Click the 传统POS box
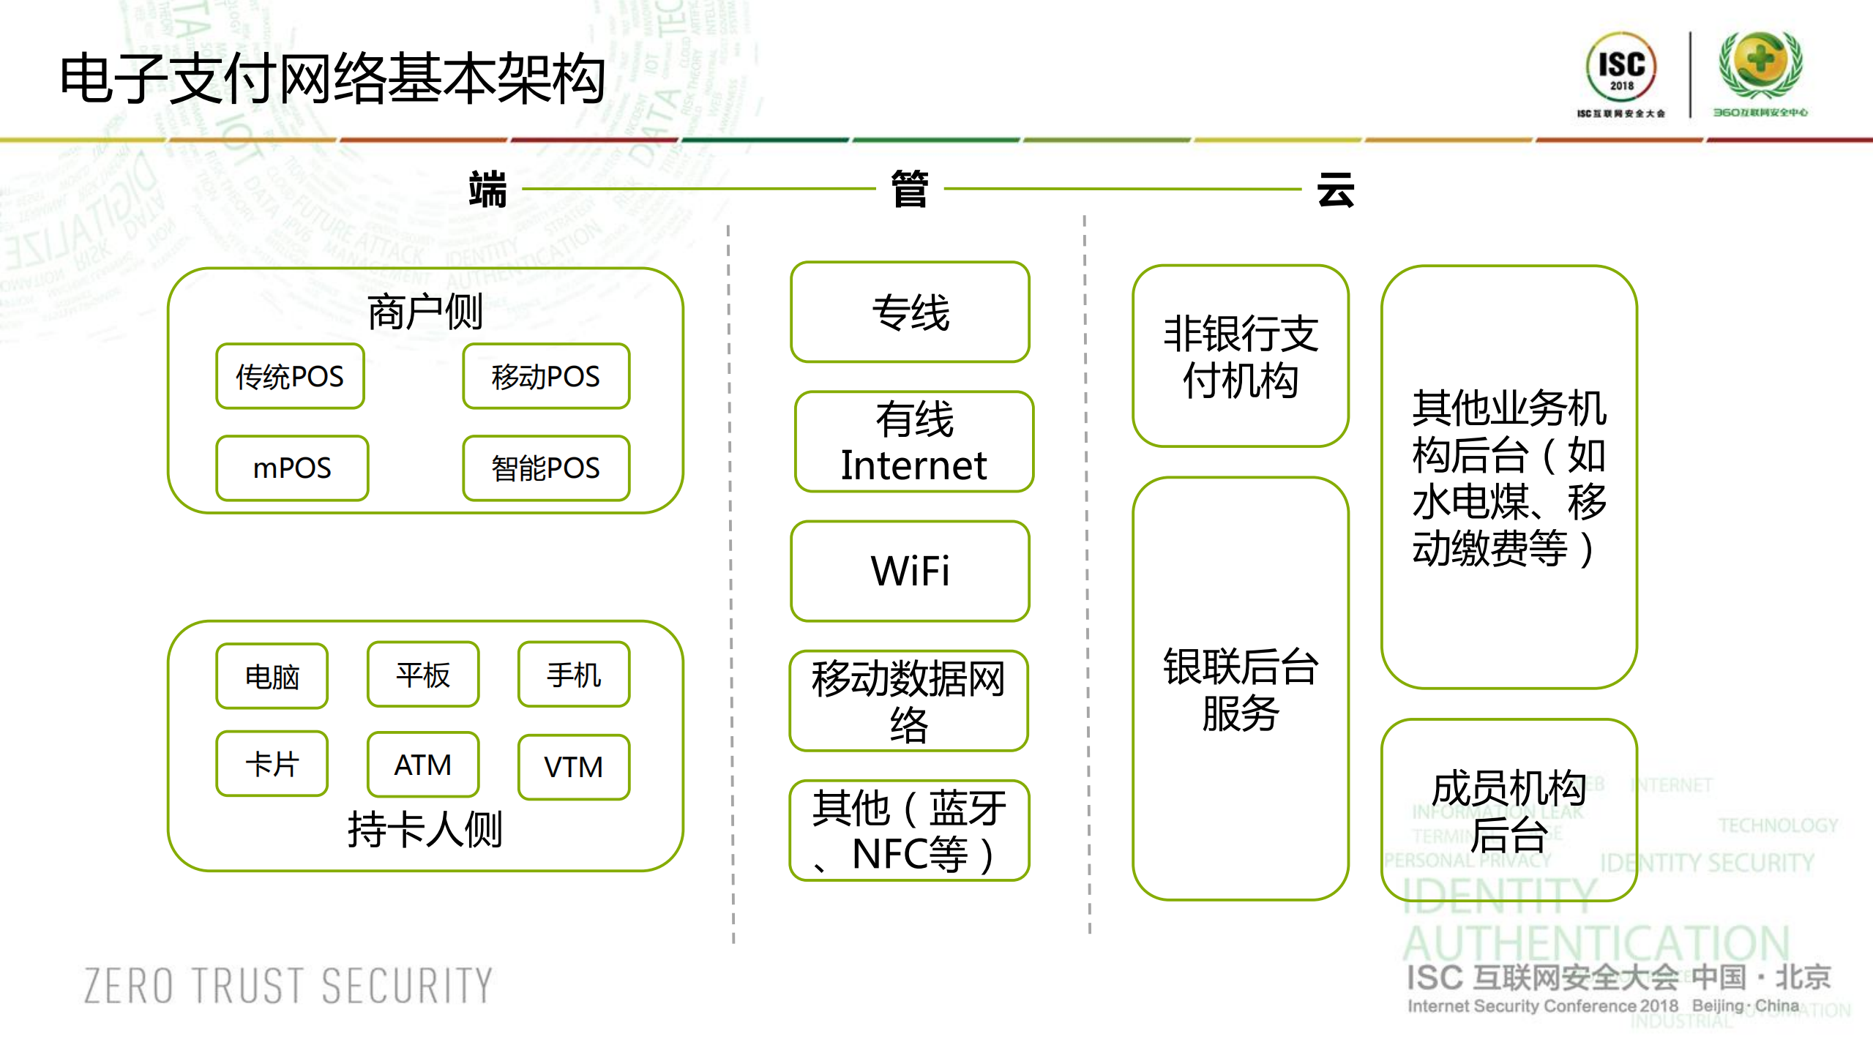(290, 376)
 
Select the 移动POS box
(546, 376)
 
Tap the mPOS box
(292, 468)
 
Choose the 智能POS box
(546, 468)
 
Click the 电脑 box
(272, 676)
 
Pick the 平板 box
(423, 675)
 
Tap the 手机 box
(574, 675)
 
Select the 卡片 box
(272, 764)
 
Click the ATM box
(423, 765)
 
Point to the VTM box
(574, 767)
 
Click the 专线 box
(910, 312)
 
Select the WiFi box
(910, 571)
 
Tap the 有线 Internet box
(913, 442)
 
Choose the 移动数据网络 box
(908, 701)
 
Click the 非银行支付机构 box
(1241, 356)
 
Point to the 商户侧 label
(425, 312)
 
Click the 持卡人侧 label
(425, 829)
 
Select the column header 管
(910, 189)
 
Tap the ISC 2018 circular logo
(1621, 67)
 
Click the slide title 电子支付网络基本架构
(333, 78)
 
